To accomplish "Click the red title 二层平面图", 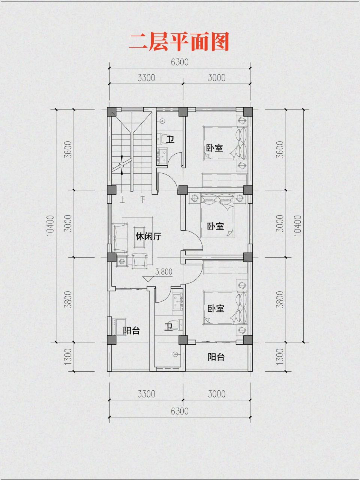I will (x=179, y=42).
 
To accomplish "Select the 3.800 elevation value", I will (x=164, y=271).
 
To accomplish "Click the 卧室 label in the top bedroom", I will (x=214, y=148).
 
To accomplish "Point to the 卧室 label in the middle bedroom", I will (x=216, y=226).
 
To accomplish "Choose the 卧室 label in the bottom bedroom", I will (x=216, y=309).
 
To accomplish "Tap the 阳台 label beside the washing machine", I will (x=132, y=331).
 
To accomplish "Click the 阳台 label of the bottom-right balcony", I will (x=216, y=357).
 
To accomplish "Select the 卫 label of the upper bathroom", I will (x=171, y=140).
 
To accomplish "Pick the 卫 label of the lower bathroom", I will (x=169, y=327).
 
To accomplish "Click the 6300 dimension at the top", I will (x=180, y=62).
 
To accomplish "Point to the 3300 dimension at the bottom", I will (x=146, y=394).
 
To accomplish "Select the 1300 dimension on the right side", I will (x=279, y=356).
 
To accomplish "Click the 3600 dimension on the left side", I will (x=68, y=150).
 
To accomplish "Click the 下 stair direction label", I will (x=142, y=199).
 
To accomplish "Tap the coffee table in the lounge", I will (x=140, y=237).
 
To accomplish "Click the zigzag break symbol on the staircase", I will (x=122, y=165).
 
